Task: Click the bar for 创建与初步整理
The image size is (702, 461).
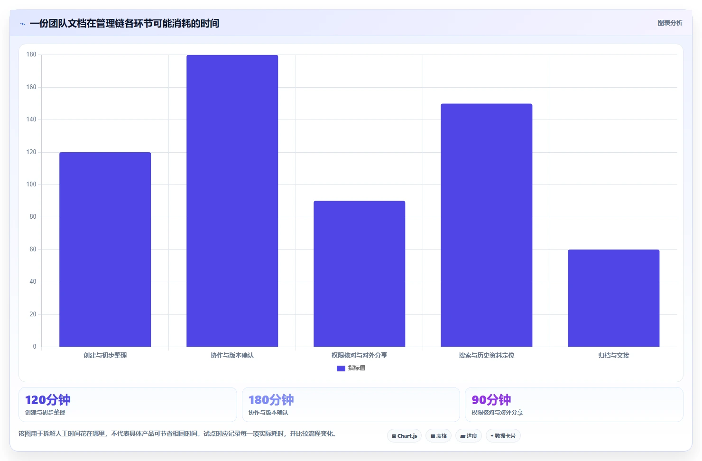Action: (105, 249)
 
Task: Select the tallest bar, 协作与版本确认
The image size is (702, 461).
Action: (232, 201)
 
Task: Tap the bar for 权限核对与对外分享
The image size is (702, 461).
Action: (360, 274)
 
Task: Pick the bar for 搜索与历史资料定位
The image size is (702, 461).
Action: (486, 225)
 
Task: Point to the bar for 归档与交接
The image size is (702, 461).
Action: (614, 298)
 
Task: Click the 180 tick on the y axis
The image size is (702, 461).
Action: (31, 55)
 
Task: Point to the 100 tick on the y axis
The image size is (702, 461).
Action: (31, 184)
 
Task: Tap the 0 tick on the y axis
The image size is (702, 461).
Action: (35, 346)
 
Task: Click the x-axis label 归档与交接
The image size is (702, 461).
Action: (614, 355)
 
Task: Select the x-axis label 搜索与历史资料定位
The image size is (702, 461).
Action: (486, 355)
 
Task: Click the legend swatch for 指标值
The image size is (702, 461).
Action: (341, 368)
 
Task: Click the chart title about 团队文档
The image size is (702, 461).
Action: (124, 24)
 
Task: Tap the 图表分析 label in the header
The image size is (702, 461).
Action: (670, 23)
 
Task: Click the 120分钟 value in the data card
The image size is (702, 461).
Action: (47, 400)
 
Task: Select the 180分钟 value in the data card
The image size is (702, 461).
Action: (271, 400)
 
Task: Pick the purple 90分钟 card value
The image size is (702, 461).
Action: (491, 400)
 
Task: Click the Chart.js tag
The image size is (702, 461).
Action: (404, 436)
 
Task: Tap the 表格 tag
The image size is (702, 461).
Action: (438, 436)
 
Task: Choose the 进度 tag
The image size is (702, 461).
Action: (469, 436)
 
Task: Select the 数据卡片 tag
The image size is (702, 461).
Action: (503, 436)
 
